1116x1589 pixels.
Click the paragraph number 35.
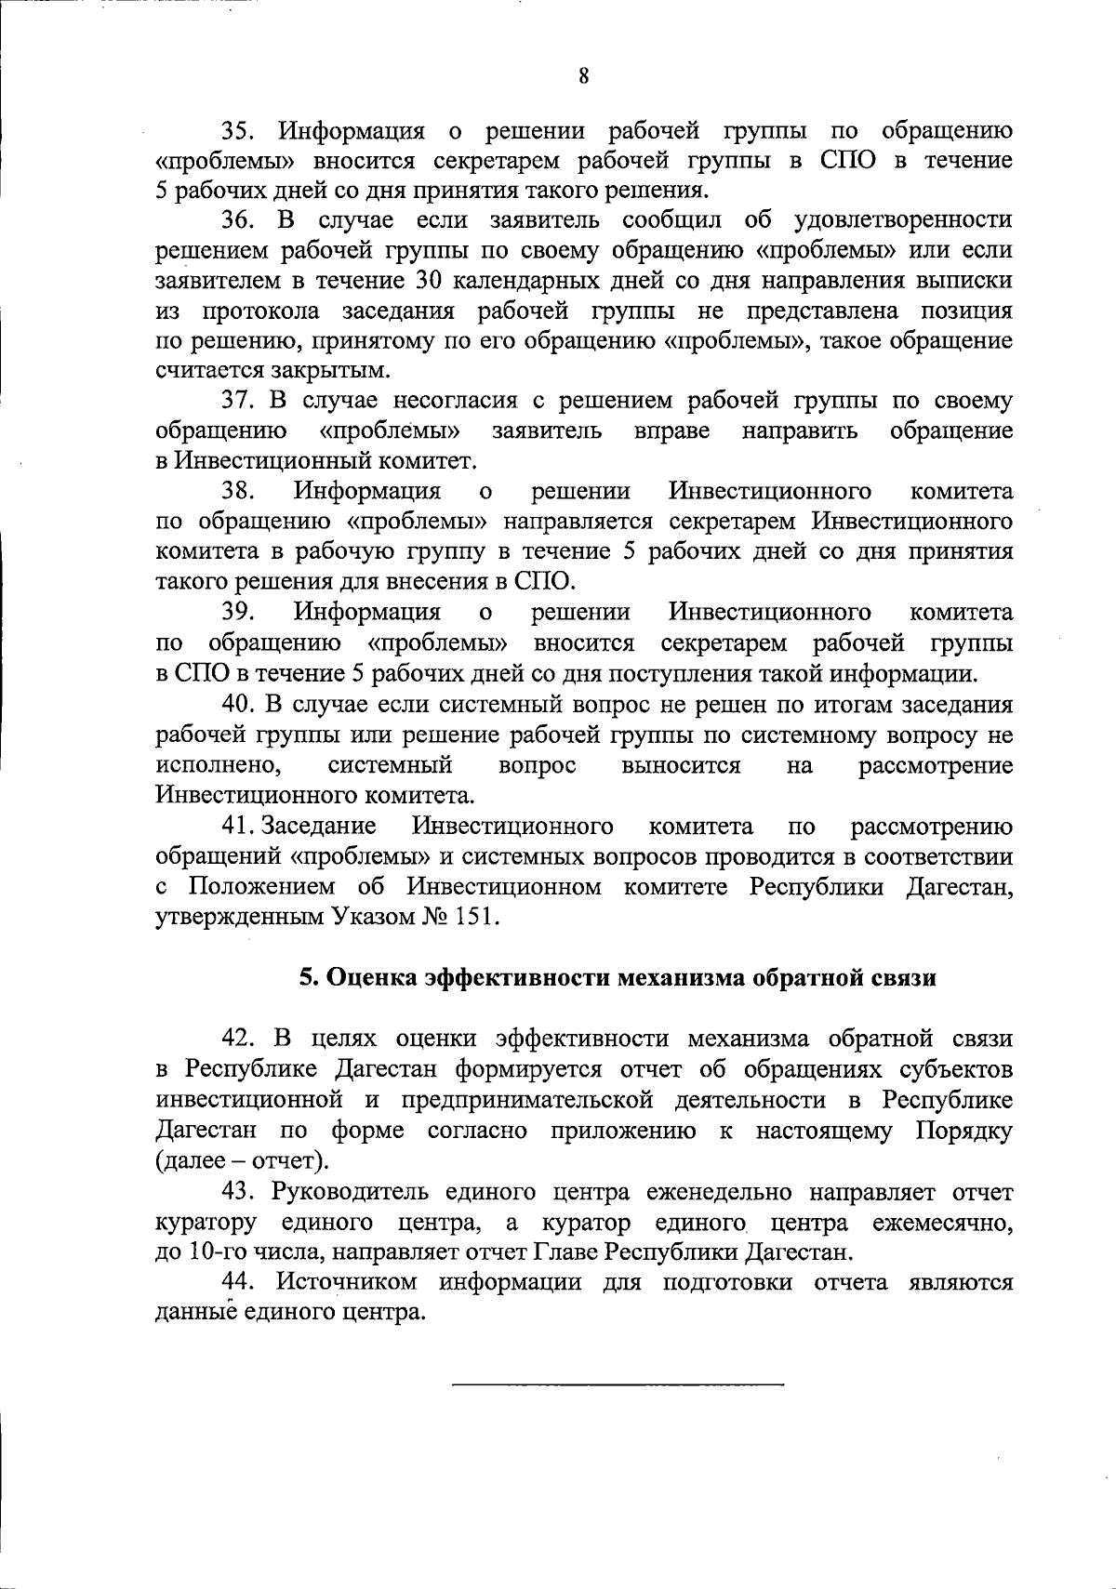tap(239, 130)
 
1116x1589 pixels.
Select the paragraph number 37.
tap(239, 402)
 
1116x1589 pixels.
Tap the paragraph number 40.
tap(239, 705)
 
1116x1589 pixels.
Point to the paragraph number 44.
tap(239, 1283)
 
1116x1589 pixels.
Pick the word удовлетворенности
tap(904, 220)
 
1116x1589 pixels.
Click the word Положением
tap(262, 887)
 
